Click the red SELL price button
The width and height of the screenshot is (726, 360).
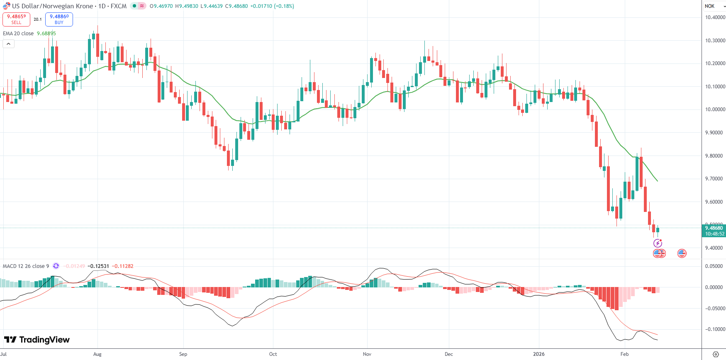[16, 19]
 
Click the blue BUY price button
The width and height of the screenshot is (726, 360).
[59, 19]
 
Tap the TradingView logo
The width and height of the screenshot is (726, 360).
[37, 340]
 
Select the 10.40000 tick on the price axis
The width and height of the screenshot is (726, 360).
[715, 17]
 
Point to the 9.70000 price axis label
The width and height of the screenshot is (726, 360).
[715, 179]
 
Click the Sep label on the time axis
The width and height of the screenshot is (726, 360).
[183, 354]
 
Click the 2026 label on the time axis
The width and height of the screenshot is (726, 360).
[538, 354]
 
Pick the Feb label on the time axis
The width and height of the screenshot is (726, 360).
[624, 354]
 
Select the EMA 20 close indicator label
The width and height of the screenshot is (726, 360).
[18, 34]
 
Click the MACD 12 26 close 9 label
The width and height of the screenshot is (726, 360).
[26, 266]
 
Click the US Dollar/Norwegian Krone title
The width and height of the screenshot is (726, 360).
[52, 6]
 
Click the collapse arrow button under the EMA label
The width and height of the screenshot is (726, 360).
[8, 44]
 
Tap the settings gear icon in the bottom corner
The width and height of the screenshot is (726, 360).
[716, 354]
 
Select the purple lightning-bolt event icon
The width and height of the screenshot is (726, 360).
[658, 243]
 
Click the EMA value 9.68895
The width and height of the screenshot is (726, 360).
[46, 34]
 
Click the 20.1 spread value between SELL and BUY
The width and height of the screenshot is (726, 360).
[38, 19]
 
